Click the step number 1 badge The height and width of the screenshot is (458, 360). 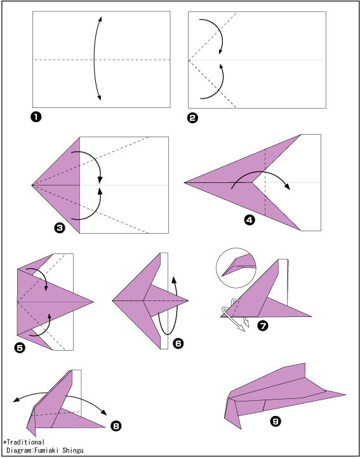[36, 117]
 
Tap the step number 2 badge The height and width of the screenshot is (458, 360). [193, 118]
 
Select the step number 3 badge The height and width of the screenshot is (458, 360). [60, 227]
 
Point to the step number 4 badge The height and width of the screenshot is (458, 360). [250, 220]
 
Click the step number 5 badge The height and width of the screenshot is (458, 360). [20, 348]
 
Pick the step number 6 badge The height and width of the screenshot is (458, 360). [178, 343]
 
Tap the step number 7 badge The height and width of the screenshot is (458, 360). [263, 325]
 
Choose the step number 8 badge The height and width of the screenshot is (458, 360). [116, 426]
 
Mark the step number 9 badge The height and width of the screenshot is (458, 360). [276, 421]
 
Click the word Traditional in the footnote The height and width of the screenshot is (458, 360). [25, 442]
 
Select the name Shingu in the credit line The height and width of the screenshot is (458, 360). [73, 450]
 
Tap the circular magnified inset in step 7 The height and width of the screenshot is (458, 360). [236, 268]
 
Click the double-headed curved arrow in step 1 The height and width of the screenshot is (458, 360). [94, 58]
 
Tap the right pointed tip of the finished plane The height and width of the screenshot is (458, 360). [345, 395]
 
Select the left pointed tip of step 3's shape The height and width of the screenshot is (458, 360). [32, 185]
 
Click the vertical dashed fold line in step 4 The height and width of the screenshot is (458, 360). [265, 182]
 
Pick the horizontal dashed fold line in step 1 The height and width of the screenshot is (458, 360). [102, 60]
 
